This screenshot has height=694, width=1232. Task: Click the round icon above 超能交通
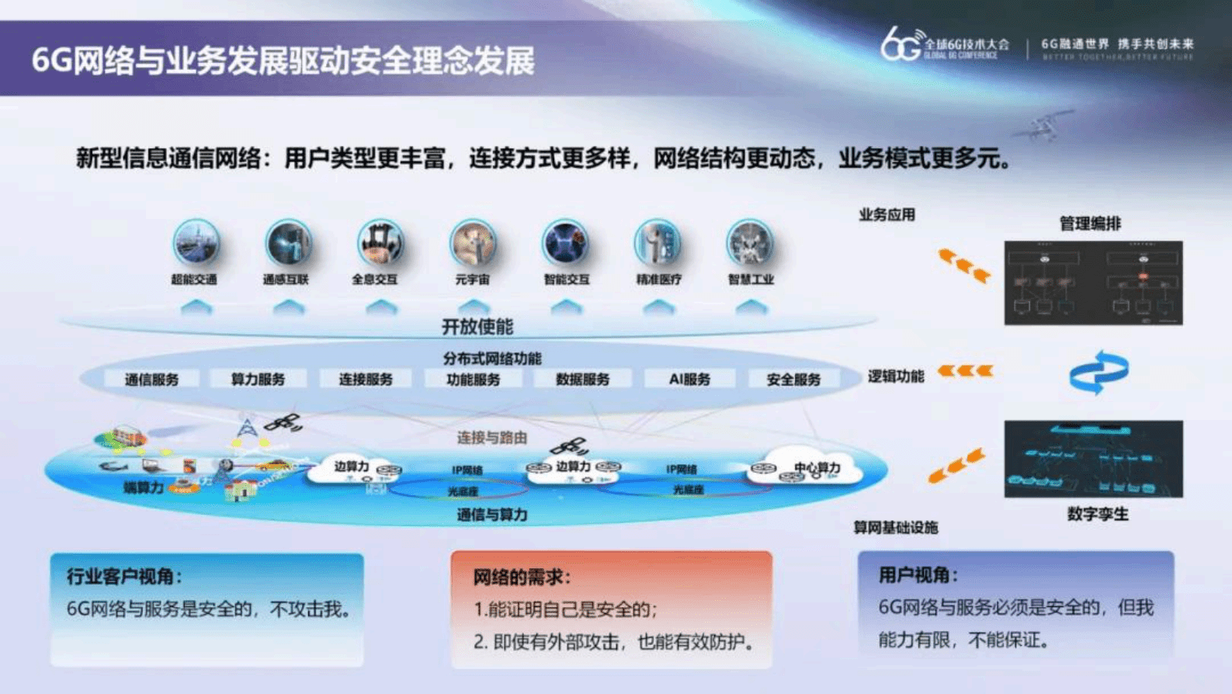(196, 242)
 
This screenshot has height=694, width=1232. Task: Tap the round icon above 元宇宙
(473, 242)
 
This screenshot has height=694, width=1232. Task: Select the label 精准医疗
(658, 279)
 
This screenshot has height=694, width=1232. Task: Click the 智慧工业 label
(751, 279)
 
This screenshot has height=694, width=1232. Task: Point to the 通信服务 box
(151, 380)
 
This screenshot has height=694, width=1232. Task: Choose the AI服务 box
(689, 380)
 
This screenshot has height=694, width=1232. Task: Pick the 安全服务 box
(793, 380)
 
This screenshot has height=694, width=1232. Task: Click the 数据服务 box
(582, 380)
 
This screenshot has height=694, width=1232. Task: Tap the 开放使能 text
(477, 327)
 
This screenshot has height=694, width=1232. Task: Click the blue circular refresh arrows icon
(1098, 373)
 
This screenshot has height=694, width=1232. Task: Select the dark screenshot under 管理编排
(1093, 283)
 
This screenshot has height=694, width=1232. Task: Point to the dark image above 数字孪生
(1093, 459)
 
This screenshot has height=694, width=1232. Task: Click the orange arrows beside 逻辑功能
(965, 371)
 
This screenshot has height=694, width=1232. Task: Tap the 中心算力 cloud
(811, 467)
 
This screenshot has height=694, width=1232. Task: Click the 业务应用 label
(887, 215)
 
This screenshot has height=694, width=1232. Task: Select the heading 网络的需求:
(522, 577)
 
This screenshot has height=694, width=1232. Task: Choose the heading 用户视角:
(918, 574)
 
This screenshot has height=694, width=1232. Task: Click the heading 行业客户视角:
(124, 576)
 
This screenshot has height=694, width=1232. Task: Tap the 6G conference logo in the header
(944, 45)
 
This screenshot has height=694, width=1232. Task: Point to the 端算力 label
(144, 488)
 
